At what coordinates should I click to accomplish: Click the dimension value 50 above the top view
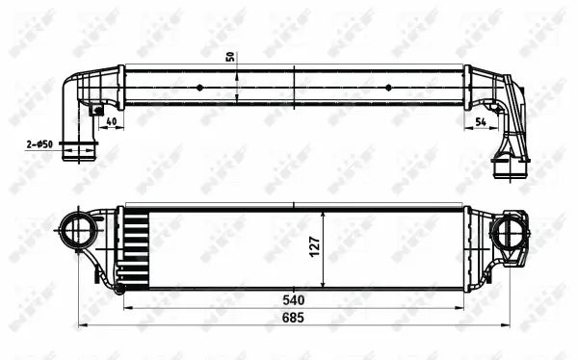tap(230, 54)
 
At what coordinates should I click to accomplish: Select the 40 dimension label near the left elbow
tap(112, 121)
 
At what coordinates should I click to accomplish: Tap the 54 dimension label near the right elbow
tap(481, 121)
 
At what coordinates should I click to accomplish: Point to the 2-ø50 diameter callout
tap(39, 144)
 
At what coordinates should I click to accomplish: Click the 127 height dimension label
tap(313, 248)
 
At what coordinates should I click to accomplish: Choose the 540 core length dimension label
tap(294, 299)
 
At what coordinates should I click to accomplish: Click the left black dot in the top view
tap(199, 87)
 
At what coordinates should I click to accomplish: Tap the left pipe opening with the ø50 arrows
tap(79, 151)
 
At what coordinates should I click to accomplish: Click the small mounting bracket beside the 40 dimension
tap(97, 110)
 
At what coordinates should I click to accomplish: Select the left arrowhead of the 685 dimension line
tap(81, 324)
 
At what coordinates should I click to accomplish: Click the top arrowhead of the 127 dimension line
tap(325, 211)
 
